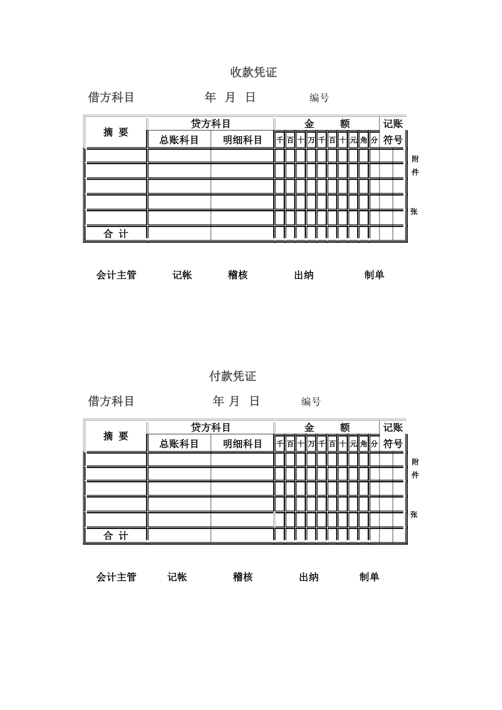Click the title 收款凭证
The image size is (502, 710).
pos(254,72)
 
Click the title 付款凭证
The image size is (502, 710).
pos(233,376)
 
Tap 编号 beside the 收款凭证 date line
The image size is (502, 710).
pos(319,98)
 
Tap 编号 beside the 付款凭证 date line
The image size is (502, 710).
pos(311,401)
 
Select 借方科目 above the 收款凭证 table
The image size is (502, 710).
pos(111,97)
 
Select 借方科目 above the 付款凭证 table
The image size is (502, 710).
pos(111,401)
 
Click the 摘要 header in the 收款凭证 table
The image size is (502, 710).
pos(116,132)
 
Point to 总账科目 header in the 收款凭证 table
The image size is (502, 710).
pos(179,140)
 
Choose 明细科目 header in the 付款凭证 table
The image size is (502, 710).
pos(243,444)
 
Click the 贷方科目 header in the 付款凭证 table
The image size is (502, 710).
pos(211,427)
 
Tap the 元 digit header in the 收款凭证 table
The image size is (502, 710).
pos(354,140)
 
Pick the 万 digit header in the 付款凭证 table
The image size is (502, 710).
pos(311,444)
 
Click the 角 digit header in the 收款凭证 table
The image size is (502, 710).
pos(364,140)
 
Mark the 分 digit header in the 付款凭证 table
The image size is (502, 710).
pos(374,444)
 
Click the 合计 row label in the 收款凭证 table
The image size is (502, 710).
pos(116,233)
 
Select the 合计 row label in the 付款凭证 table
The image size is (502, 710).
pos(116,536)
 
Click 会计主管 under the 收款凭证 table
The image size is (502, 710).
pos(116,275)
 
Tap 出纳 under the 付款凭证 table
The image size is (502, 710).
pos(309,577)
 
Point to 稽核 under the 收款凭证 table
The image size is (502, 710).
pos(238,275)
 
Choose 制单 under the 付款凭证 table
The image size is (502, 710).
pos(369,577)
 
